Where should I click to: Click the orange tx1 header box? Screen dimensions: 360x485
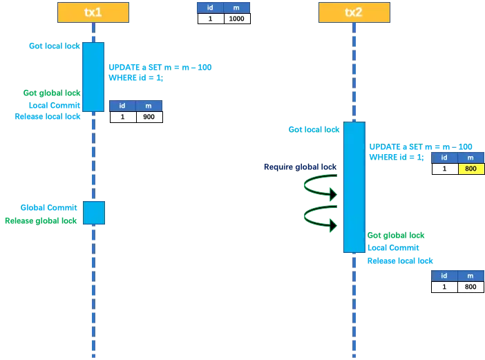pos(93,12)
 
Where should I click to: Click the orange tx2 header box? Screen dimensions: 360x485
pos(353,12)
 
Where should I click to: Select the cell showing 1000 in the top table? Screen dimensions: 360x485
pos(236,19)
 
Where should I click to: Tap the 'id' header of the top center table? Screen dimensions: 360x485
pos(210,8)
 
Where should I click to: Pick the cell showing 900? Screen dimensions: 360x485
pos(149,117)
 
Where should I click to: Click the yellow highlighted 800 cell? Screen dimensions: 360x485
pos(470,169)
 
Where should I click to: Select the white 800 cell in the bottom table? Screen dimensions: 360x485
pos(470,287)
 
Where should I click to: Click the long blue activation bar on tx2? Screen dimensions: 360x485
pos(354,187)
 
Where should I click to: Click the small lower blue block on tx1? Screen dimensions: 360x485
pos(93,213)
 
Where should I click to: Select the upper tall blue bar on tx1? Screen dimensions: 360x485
pos(93,77)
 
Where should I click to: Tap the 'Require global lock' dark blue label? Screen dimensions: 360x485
pos(298,167)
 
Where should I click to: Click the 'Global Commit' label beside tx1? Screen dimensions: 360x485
pos(48,207)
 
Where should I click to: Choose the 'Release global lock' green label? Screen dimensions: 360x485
pos(41,220)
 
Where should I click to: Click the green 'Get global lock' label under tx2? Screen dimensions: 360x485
pos(396,236)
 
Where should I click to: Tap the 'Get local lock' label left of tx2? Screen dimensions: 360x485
pos(314,129)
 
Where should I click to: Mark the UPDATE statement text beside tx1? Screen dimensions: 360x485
pos(160,67)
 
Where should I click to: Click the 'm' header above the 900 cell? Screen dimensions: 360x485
pos(149,106)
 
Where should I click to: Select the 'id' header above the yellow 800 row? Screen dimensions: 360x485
pos(444,158)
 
